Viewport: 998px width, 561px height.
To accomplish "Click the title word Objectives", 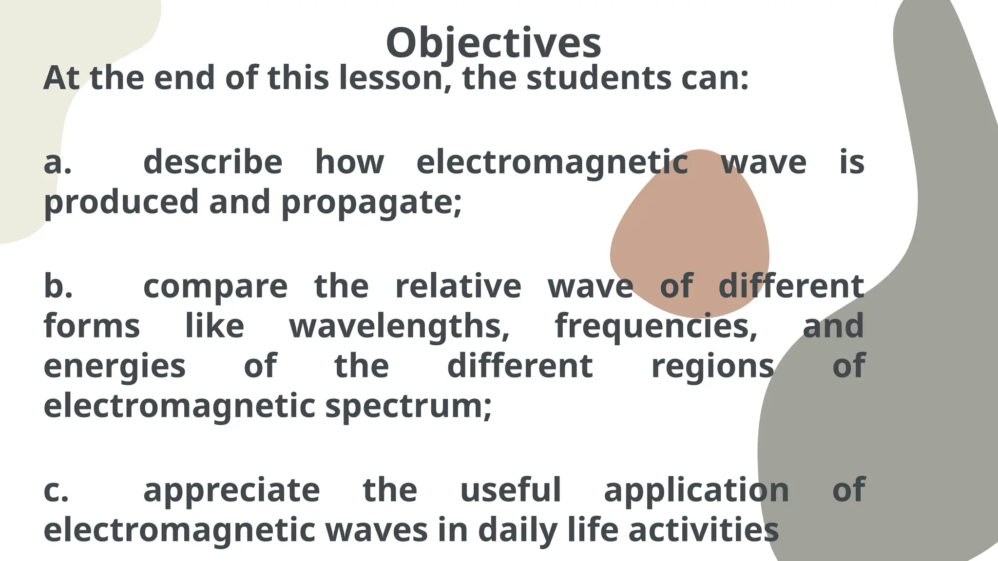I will tap(493, 43).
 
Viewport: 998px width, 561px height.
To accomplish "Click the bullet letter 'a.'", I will tap(58, 163).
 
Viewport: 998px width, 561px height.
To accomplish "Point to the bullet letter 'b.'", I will tap(58, 286).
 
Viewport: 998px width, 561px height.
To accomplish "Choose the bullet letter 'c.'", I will tap(57, 490).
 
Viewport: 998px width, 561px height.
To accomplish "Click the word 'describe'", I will tap(213, 162).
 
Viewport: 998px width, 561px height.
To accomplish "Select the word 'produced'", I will tap(121, 202).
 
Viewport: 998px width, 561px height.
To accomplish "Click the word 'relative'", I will tap(458, 286).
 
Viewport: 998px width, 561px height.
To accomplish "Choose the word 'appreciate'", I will tap(231, 491).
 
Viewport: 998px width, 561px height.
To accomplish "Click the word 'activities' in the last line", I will tap(704, 530).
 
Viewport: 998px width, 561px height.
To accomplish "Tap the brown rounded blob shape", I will tap(692, 229).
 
